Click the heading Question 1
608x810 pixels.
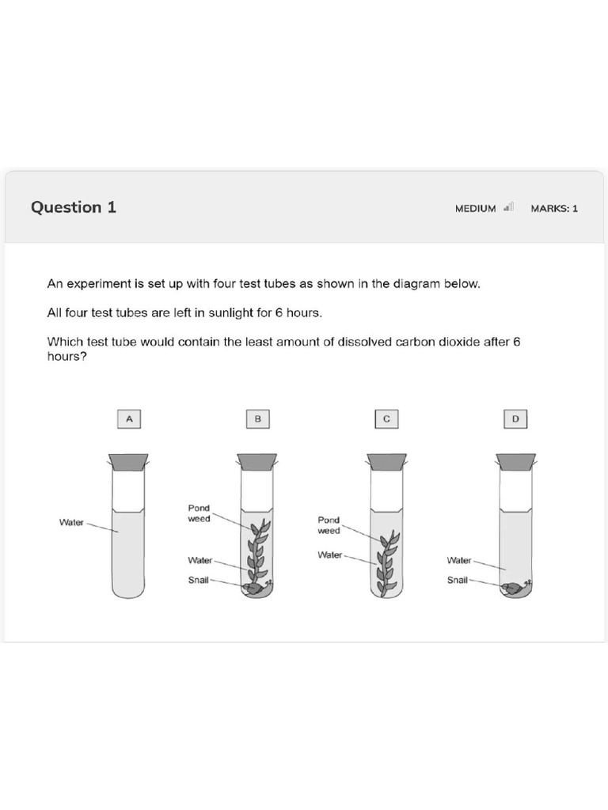tap(74, 207)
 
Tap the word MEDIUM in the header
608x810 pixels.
tap(475, 209)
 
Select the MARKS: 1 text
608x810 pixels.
tap(554, 209)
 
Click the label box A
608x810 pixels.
tap(128, 419)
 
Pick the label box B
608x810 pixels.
tap(257, 419)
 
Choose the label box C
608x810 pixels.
tap(386, 419)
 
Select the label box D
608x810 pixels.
tap(515, 419)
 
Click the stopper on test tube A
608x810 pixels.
tap(128, 461)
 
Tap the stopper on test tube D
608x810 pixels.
tap(515, 461)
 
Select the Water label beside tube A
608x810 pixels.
tap(71, 522)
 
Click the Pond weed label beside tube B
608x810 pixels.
tap(199, 513)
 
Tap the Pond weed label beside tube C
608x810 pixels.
tap(329, 525)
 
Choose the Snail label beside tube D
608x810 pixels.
tap(457, 580)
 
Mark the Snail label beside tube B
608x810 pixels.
tap(198, 580)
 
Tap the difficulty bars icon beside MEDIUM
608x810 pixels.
tap(509, 207)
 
